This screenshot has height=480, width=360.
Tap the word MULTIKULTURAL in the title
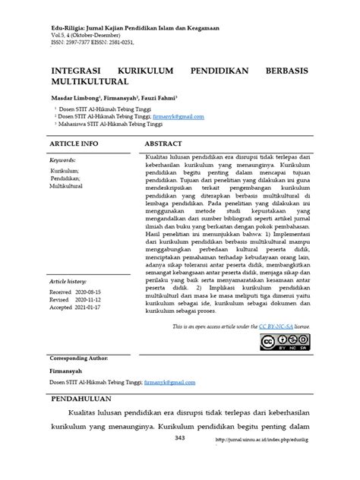point(90,80)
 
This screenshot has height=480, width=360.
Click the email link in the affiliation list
point(178,117)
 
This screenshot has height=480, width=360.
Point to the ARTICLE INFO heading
point(74,143)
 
